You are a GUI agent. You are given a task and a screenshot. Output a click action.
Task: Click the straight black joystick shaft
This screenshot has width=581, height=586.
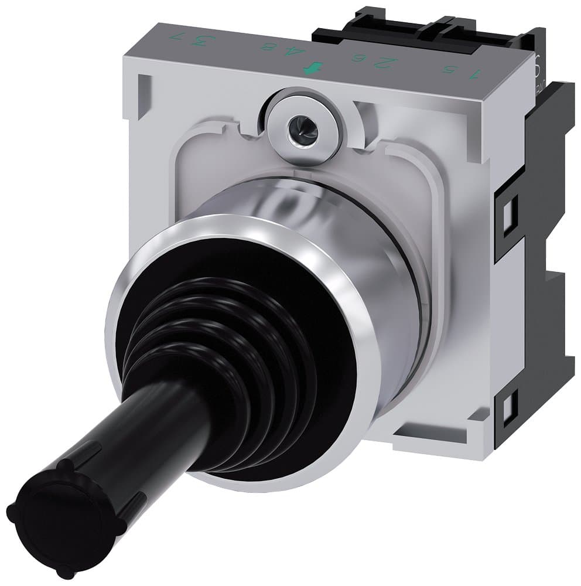click(135, 434)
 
